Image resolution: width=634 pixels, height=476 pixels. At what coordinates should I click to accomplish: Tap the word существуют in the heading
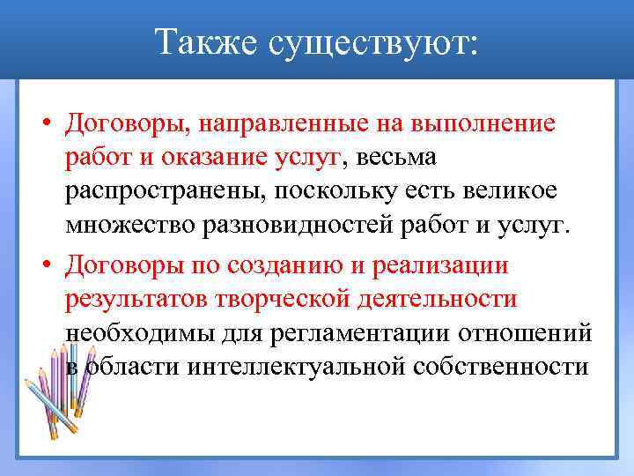tap(375, 41)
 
